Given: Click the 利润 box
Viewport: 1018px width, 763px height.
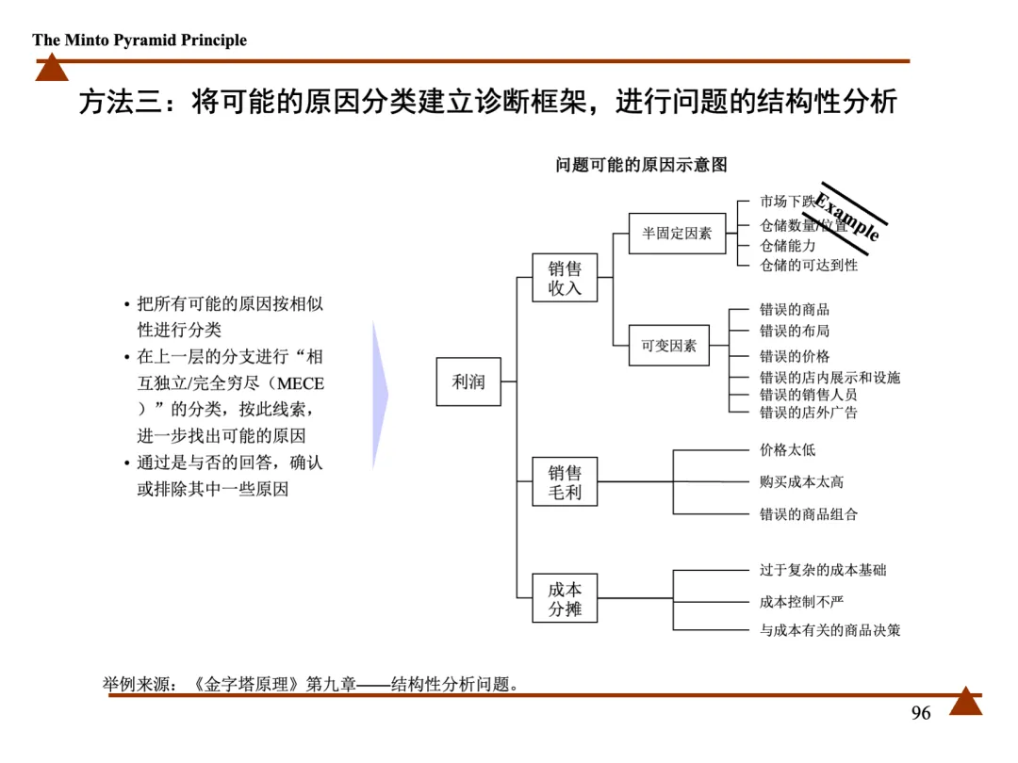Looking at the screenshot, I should [468, 381].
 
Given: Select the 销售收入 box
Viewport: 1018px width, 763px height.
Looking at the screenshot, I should [565, 278].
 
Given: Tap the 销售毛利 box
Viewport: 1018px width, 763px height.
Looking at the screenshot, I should [565, 481].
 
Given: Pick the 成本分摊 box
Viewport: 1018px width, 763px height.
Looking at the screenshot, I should [565, 598].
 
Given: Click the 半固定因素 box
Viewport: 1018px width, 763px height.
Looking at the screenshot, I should [677, 233].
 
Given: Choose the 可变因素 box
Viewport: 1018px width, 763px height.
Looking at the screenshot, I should [669, 346].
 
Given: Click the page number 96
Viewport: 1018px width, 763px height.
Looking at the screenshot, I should [921, 713].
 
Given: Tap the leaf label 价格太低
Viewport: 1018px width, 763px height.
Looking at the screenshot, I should [788, 450].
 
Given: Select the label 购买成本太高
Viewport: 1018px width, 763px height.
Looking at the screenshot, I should [801, 481].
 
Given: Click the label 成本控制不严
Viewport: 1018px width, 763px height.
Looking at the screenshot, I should [801, 601].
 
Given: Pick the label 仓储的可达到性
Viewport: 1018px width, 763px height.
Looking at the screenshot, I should [809, 266].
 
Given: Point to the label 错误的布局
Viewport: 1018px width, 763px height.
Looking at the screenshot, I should [795, 331].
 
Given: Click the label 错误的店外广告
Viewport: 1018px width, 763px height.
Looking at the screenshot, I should [809, 412].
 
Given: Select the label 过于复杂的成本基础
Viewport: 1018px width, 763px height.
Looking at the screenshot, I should [823, 570].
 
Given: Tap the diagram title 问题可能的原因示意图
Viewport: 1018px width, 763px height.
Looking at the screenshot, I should [641, 165].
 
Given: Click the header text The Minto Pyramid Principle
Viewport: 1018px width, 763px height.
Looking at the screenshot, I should [140, 40].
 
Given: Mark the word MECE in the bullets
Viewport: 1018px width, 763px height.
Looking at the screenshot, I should [301, 384].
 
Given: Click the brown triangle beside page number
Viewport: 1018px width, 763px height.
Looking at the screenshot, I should [965, 702].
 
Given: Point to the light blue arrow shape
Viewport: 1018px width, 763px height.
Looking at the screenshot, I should [380, 396].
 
